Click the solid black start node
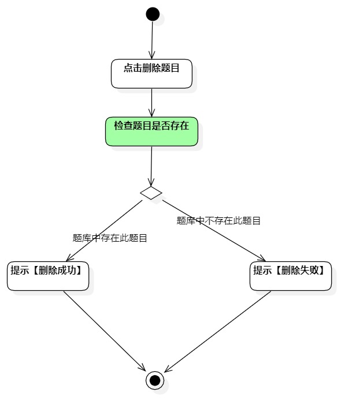[153, 14]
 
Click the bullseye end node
[154, 380]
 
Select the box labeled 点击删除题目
[151, 73]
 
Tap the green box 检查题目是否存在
[151, 132]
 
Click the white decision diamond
[151, 193]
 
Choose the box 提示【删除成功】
[48, 276]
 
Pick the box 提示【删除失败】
[291, 276]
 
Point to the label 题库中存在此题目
[110, 238]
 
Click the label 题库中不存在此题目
[218, 220]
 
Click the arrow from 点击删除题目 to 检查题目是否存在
[151, 102]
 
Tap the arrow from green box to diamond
[151, 166]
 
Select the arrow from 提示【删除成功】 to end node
[104, 330]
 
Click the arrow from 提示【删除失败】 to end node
[217, 331]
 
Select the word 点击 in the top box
[132, 68]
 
